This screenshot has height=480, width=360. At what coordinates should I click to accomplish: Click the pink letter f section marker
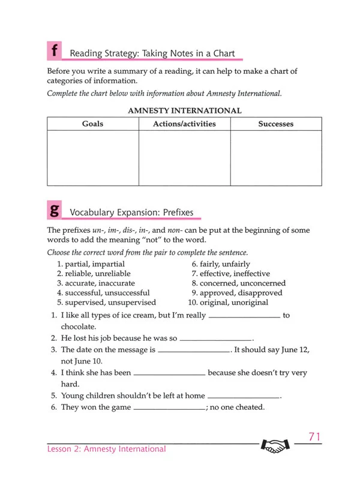tap(55, 51)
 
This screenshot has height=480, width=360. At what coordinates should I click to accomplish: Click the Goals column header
tap(92, 124)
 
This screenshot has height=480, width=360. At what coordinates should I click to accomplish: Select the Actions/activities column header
tap(184, 124)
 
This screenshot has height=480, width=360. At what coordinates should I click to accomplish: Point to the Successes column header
tap(276, 124)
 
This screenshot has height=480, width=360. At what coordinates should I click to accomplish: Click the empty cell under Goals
tap(92, 158)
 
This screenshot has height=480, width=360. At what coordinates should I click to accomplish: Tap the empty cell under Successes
tap(276, 158)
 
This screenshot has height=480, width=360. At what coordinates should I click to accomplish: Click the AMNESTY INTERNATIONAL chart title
tap(185, 110)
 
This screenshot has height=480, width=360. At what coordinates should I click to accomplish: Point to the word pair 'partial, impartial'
tap(91, 264)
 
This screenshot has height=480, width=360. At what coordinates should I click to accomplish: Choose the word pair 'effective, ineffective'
tap(230, 274)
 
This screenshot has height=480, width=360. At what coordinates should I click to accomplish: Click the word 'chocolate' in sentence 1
tap(78, 326)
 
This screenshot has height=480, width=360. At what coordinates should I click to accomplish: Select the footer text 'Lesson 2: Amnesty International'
tap(107, 449)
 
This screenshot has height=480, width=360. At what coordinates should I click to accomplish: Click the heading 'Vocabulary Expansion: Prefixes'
tap(132, 212)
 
